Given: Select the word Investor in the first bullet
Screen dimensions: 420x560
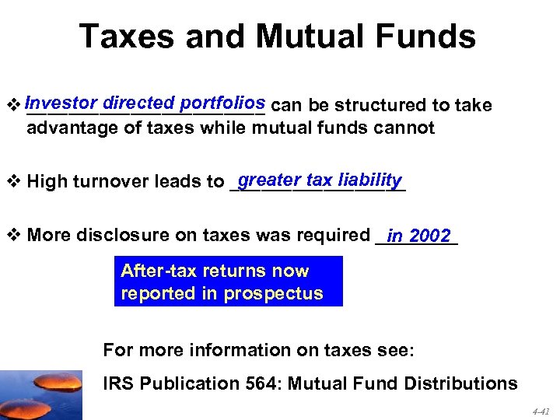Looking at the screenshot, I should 61,102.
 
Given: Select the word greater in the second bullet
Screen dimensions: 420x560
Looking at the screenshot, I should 270,180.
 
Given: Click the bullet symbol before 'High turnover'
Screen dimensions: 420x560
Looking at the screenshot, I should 14,182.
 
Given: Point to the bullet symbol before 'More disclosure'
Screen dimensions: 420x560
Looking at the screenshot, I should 14,235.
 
